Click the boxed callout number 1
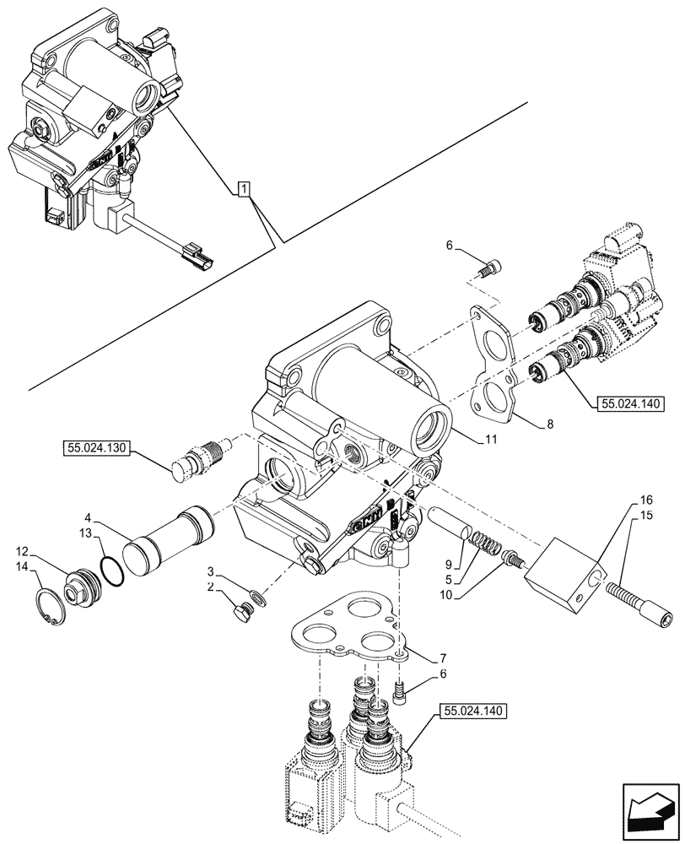[242, 189]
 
